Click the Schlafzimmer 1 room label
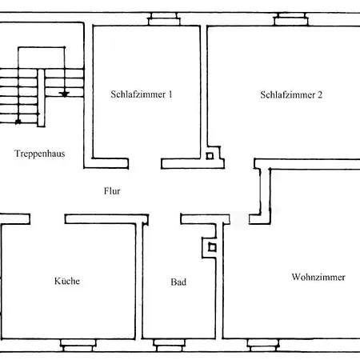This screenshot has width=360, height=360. (x=142, y=94)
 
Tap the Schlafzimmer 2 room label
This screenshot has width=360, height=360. (x=291, y=95)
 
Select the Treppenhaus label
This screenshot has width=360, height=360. (x=40, y=154)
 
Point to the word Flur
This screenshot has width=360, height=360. (x=112, y=191)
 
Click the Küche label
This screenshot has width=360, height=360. (x=67, y=281)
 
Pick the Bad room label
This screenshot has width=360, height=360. (x=178, y=282)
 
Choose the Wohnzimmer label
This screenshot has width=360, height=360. (x=318, y=277)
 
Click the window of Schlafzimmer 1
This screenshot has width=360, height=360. (x=164, y=19)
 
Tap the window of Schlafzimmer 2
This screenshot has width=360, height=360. (x=291, y=19)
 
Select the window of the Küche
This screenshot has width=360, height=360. (x=78, y=346)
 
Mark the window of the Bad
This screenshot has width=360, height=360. (x=170, y=346)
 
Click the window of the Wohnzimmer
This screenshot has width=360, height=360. (x=263, y=346)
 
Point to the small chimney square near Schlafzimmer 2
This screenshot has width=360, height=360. (x=210, y=156)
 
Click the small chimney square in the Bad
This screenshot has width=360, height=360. (x=212, y=247)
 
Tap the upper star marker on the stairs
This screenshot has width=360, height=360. (x=64, y=94)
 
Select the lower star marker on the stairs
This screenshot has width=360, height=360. (x=18, y=122)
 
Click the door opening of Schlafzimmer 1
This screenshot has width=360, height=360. (x=145, y=163)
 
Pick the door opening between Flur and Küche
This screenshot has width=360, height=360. (x=47, y=218)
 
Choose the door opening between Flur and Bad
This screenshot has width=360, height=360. (x=165, y=219)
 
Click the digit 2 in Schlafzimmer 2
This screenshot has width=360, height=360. (x=320, y=94)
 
